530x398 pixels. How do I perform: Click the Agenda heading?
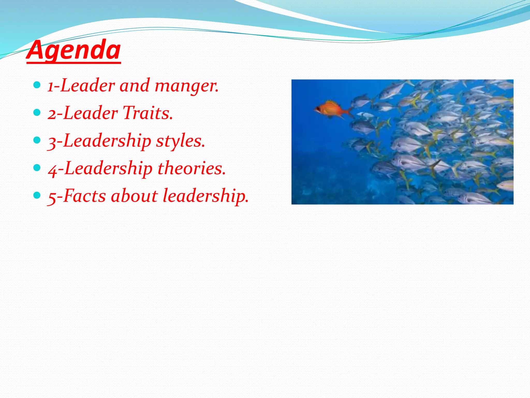point(74,50)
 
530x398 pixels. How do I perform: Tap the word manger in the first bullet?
point(186,86)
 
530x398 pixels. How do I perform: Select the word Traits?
point(148,113)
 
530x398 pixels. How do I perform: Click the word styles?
point(180,141)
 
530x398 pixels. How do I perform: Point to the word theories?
point(192,168)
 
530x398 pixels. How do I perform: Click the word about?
point(134,196)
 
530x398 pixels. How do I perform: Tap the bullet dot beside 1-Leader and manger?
point(37,85)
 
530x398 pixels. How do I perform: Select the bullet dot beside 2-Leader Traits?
point(37,112)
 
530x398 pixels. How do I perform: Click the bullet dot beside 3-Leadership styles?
point(37,140)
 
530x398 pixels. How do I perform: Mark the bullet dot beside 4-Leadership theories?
point(37,168)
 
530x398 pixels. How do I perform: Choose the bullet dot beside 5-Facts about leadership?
point(37,195)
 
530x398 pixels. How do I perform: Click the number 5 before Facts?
point(52,197)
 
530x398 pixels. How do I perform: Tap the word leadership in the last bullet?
point(205,196)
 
